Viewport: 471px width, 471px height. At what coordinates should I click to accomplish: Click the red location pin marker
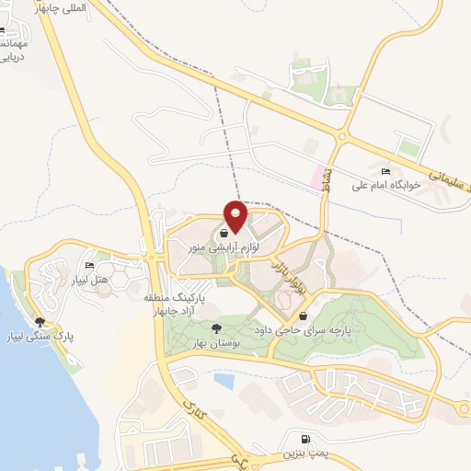tap(236, 215)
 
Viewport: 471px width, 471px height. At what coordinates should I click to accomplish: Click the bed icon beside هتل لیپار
tap(90, 266)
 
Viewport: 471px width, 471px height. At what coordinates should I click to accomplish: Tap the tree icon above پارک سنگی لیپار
tap(39, 322)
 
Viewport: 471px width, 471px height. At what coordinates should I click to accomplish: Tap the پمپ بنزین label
tap(304, 454)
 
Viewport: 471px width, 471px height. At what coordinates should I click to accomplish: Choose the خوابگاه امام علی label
tap(385, 185)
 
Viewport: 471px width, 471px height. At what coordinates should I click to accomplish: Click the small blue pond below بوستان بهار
tap(224, 378)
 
